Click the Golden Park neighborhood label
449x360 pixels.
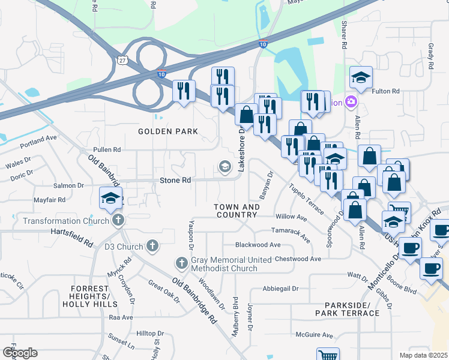pyautogui.click(x=167, y=131)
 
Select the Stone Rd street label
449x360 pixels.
pyautogui.click(x=175, y=180)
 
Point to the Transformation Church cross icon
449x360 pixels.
pyautogui.click(x=118, y=220)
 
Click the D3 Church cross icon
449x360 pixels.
pyautogui.click(x=153, y=246)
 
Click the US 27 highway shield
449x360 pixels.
pyautogui.click(x=122, y=61)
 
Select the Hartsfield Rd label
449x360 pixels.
pyautogui.click(x=73, y=238)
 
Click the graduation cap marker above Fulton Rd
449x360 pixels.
pyautogui.click(x=361, y=77)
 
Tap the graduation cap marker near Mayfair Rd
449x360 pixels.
pyautogui.click(x=110, y=198)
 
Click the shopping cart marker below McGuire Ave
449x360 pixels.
pyautogui.click(x=327, y=355)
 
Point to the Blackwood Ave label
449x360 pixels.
pyautogui.click(x=258, y=245)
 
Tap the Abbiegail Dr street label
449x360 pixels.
pyautogui.click(x=280, y=288)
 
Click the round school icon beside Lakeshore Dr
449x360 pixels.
pyautogui.click(x=225, y=167)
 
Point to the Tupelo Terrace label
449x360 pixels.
pyautogui.click(x=306, y=199)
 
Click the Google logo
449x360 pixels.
pyautogui.click(x=19, y=353)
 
